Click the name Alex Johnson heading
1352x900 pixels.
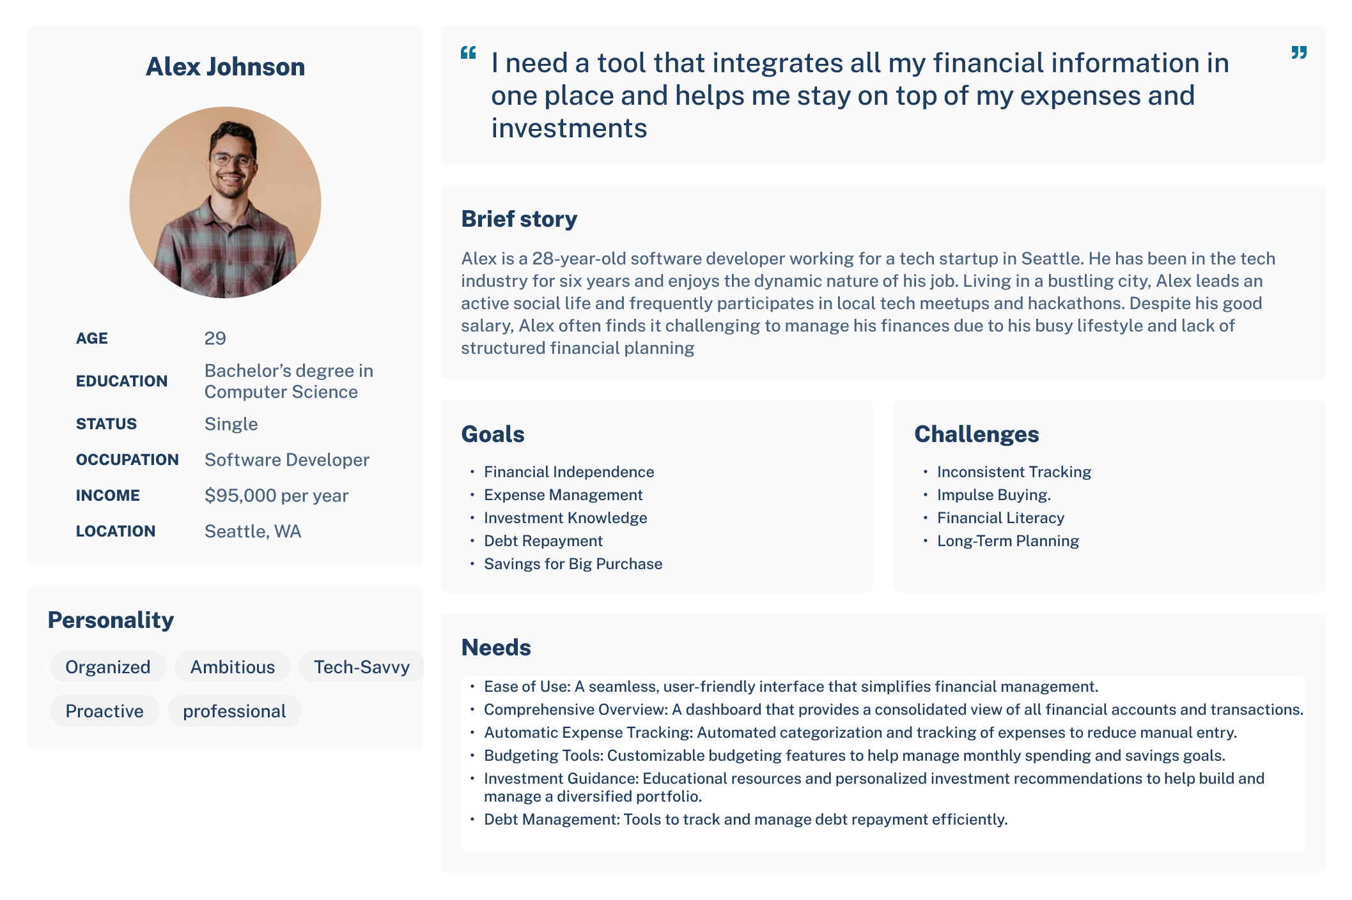pyautogui.click(x=225, y=66)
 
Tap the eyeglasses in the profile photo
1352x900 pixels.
pyautogui.click(x=233, y=159)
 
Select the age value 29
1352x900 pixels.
pyautogui.click(x=215, y=338)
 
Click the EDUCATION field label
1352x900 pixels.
pyautogui.click(x=121, y=381)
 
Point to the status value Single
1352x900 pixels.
pyautogui.click(x=231, y=423)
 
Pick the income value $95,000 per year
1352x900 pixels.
pyautogui.click(x=276, y=495)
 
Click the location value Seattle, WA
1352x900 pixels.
pyautogui.click(x=253, y=531)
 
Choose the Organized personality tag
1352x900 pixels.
pyautogui.click(x=108, y=666)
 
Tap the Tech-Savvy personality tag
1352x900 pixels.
pyautogui.click(x=362, y=666)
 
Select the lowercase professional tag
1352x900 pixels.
pyautogui.click(x=235, y=710)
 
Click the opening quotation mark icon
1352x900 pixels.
pyautogui.click(x=469, y=52)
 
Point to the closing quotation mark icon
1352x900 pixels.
pyautogui.click(x=1299, y=52)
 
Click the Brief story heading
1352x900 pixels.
pyautogui.click(x=519, y=218)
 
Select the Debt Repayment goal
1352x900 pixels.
pyautogui.click(x=543, y=540)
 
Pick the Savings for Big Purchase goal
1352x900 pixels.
pyautogui.click(x=573, y=563)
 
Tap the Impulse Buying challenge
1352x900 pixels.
pyautogui.click(x=994, y=494)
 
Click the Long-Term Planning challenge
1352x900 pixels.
pyautogui.click(x=1008, y=540)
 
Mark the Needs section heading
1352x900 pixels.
pyautogui.click(x=496, y=647)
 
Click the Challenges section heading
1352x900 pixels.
pyautogui.click(x=977, y=434)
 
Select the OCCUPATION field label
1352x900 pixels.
pyautogui.click(x=127, y=459)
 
